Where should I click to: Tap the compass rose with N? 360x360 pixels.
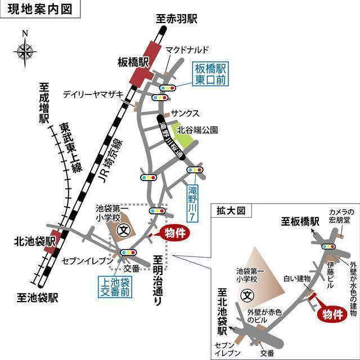click(x=24, y=52)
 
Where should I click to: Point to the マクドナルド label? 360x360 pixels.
click(x=187, y=50)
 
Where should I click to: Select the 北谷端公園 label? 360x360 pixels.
click(x=197, y=129)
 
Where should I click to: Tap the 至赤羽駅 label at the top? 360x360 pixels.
click(x=177, y=19)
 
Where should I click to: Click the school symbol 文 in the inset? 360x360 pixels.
click(x=246, y=294)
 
